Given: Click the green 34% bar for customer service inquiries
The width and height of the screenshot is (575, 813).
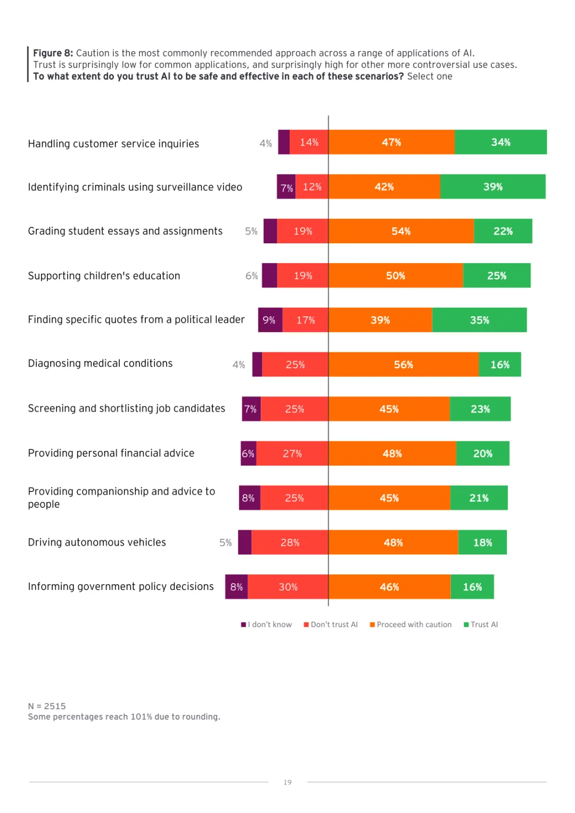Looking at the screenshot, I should pos(500,142).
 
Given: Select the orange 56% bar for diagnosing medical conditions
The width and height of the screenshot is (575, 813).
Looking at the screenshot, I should pos(404,365).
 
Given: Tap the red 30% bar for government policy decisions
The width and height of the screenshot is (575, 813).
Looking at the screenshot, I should pos(288,587).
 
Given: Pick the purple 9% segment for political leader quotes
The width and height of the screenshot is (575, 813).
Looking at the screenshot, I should pos(270,320).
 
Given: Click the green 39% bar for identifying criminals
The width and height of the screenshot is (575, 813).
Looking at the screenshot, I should pos(492,187).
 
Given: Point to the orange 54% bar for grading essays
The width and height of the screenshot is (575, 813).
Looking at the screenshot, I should pos(401,231).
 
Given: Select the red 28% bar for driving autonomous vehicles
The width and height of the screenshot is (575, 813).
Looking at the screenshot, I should pos(290,543).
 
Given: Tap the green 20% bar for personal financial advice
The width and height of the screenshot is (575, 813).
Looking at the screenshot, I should pos(482,454).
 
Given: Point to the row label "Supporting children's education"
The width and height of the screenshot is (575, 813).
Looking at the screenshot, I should pos(104,276).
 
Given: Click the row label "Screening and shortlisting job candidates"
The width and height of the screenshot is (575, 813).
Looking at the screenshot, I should pos(126,408).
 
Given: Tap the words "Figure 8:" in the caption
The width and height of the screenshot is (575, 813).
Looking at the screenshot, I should pos(53,53).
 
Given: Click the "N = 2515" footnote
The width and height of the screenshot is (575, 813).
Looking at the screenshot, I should pos(47,706).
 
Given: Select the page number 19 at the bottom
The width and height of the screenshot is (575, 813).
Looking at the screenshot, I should pos(287,782).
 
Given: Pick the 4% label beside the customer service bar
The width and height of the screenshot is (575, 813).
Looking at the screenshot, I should pos(266,144).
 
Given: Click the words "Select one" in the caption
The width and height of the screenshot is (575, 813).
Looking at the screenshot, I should pos(430,76).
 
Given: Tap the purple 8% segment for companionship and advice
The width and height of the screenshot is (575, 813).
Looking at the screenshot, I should pos(249,498).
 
